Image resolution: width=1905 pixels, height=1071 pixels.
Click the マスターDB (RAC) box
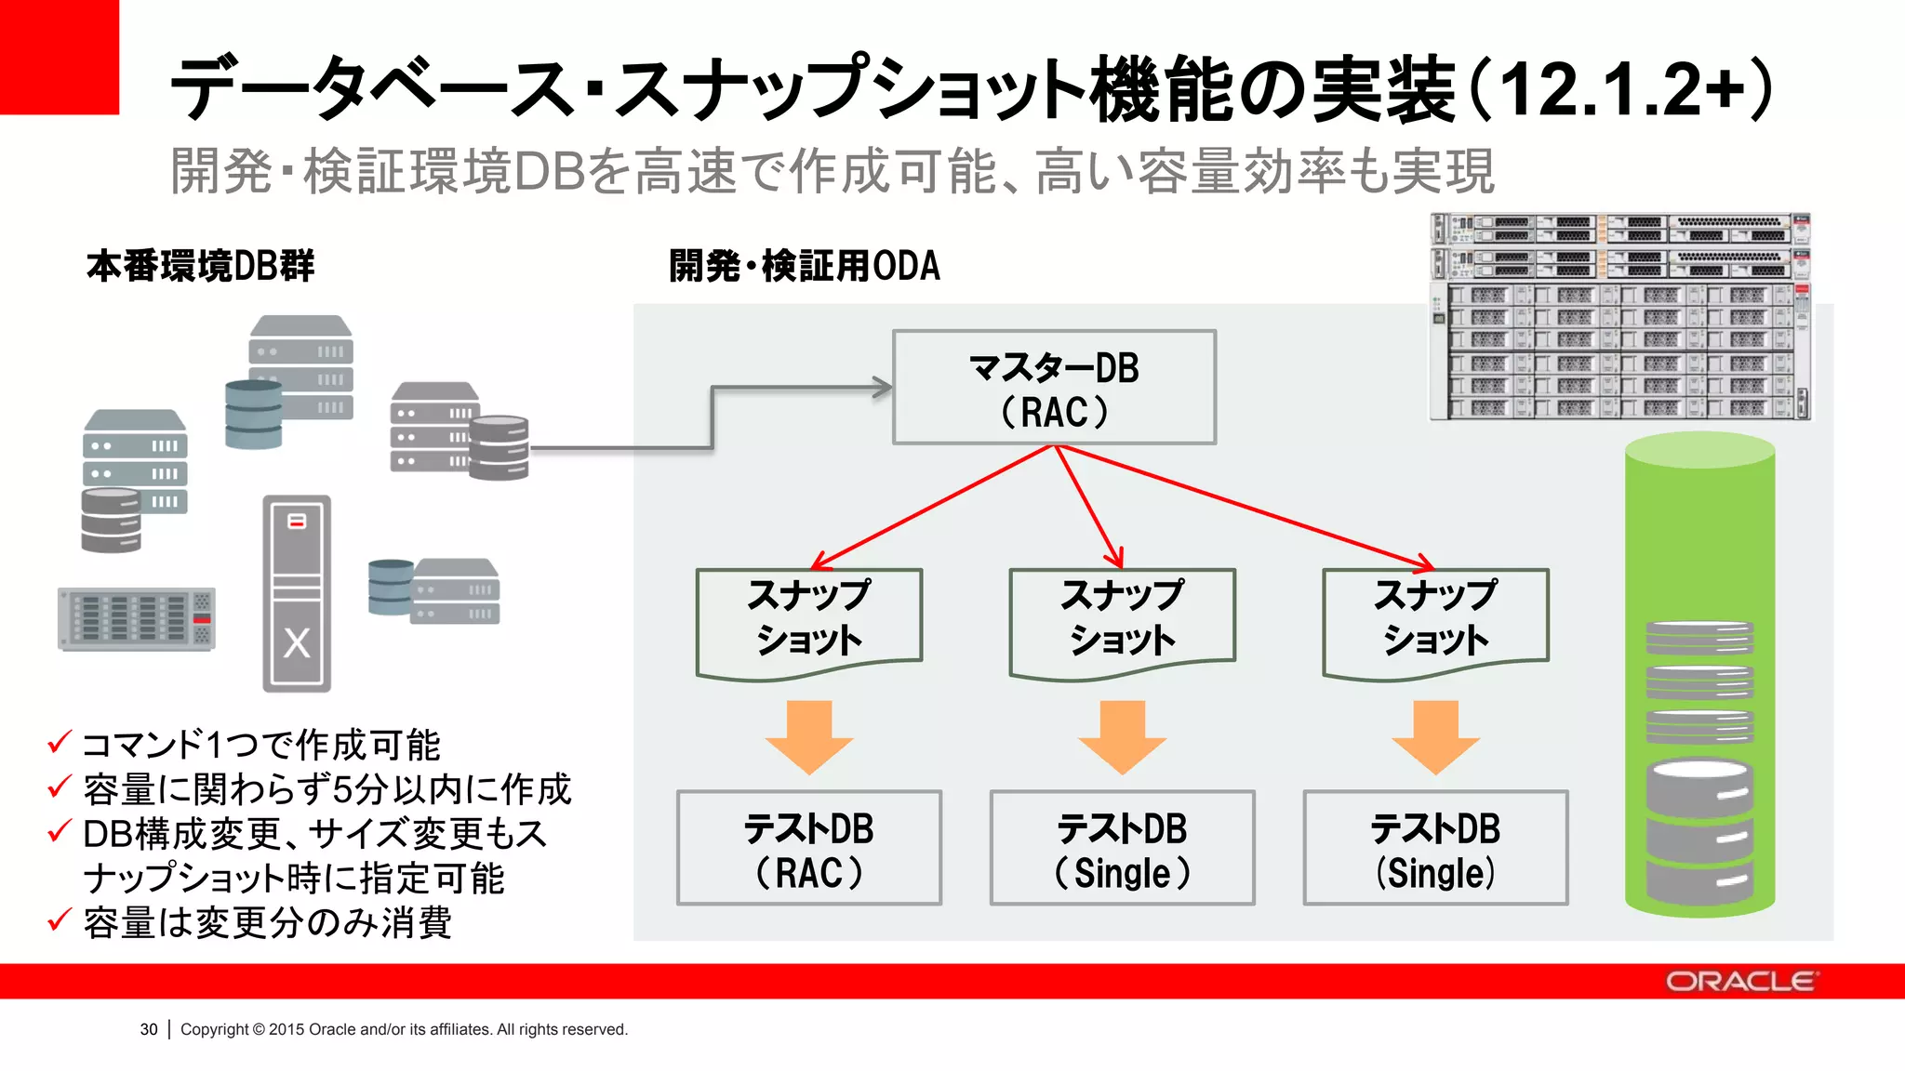pos(1054,388)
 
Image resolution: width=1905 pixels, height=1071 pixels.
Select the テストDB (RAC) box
pos(808,848)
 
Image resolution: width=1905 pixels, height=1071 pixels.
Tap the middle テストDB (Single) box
pos(1122,848)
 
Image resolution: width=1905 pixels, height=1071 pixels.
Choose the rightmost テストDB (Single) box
pos(1435,848)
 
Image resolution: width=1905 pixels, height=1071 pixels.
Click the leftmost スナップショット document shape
pos(808,620)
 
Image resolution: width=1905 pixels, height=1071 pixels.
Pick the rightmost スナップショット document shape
pos(1435,620)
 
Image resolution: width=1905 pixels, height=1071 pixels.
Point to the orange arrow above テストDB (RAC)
pos(808,737)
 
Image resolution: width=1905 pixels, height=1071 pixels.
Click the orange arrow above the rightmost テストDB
pos(1435,737)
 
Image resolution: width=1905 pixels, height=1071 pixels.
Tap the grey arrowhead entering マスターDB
pos(880,388)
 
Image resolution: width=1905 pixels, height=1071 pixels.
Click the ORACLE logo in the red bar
pos(1739,982)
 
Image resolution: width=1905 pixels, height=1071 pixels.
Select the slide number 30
pos(149,1029)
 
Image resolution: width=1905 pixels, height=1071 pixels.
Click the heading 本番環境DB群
pos(201,266)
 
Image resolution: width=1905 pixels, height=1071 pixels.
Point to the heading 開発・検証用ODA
pos(805,266)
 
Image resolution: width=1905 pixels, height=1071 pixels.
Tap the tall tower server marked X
pos(297,593)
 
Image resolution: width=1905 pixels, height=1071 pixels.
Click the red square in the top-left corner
pos(59,56)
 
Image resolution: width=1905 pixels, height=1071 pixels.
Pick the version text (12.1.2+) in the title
pos(1623,89)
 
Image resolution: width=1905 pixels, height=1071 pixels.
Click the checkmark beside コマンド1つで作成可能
pos(60,742)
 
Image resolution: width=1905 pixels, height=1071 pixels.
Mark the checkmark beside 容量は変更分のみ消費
pos(60,919)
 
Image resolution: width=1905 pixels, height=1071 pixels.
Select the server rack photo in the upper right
pos(1619,316)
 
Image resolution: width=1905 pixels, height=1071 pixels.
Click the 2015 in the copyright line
pos(286,1029)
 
